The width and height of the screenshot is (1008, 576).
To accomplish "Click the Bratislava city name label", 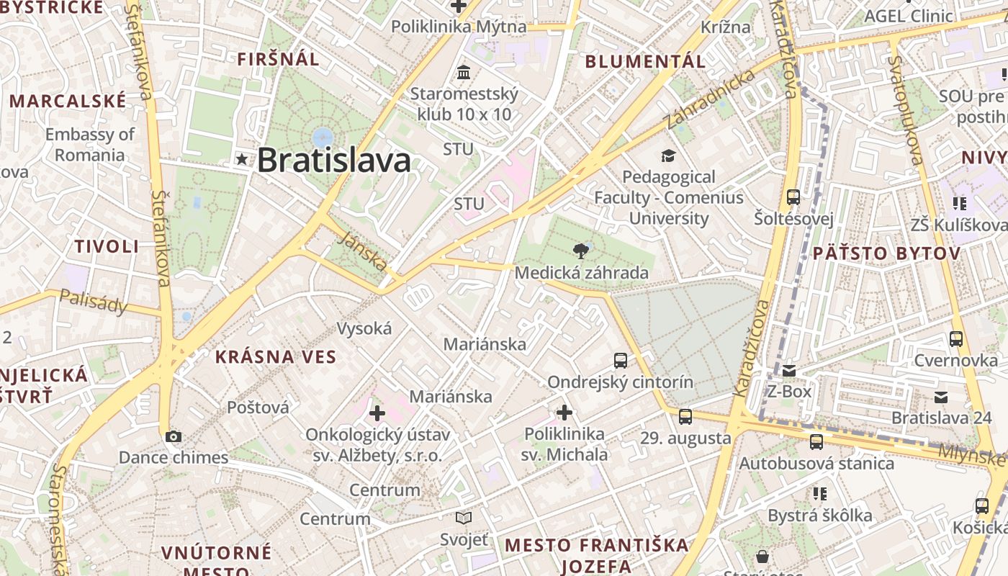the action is tap(334, 160).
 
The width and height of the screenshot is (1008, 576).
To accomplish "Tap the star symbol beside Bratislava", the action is tap(241, 159).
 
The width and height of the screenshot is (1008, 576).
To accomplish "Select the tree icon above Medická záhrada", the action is tap(580, 251).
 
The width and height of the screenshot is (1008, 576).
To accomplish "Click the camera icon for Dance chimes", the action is tap(173, 436).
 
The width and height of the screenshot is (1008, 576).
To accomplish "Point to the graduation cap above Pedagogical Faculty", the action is tap(668, 156).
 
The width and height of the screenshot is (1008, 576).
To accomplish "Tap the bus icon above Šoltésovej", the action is tap(793, 197).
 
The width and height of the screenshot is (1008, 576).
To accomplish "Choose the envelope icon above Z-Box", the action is tap(789, 371).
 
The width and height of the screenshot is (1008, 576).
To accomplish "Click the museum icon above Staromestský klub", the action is tap(464, 72).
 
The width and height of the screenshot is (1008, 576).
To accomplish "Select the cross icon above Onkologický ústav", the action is tap(377, 413).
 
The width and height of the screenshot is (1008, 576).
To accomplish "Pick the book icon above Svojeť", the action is tap(464, 518).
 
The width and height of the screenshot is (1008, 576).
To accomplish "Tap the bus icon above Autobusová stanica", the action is tap(816, 441).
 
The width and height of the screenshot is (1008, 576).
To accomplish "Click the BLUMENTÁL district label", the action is tap(645, 61).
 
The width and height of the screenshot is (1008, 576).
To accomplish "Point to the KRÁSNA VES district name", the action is tap(276, 356).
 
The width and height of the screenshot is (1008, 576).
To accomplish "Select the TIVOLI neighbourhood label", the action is tap(107, 246).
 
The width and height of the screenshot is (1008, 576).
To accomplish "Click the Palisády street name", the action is tap(94, 301).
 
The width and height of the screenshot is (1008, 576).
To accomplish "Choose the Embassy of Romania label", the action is tap(90, 145).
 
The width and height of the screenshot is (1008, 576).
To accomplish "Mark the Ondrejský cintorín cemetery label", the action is tap(621, 382).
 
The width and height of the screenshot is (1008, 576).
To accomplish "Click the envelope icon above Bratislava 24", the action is tap(940, 397).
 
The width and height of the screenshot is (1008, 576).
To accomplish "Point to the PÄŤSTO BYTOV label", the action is tap(886, 253).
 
